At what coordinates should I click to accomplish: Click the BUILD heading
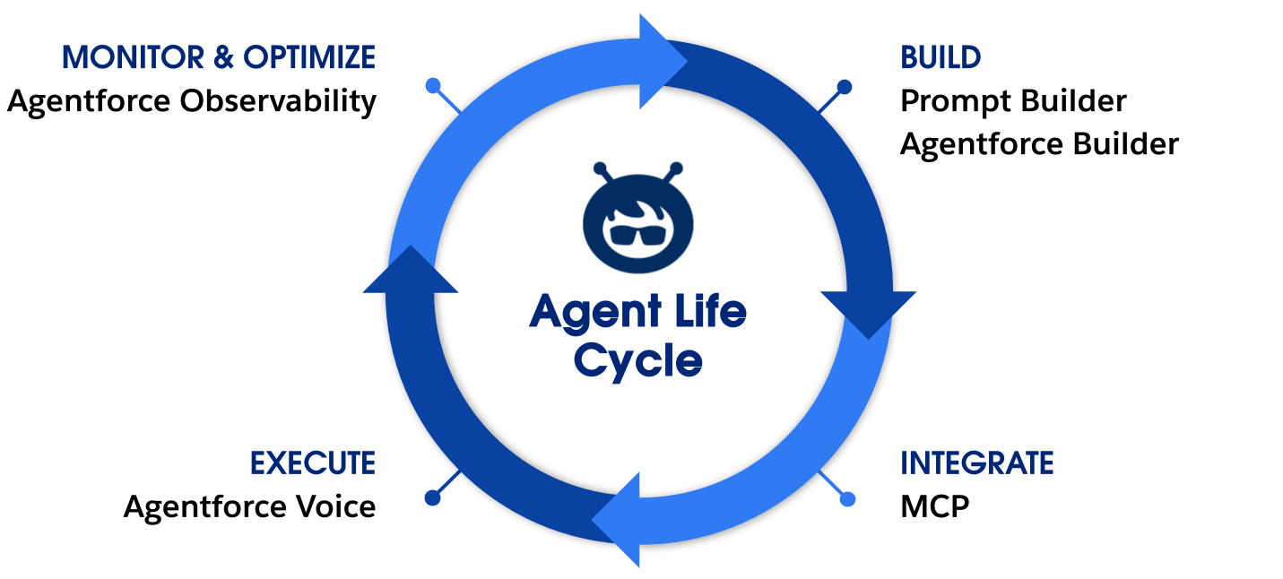pos(940,58)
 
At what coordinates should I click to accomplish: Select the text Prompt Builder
pos(1012,101)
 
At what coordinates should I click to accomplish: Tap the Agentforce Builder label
pos(1038,143)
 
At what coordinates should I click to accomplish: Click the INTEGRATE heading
pos(976,463)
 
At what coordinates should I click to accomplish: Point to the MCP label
pos(934,506)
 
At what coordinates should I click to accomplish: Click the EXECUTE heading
pos(312,463)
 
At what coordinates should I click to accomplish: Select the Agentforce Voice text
pos(249,506)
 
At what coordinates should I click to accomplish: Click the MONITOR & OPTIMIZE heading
pos(218,58)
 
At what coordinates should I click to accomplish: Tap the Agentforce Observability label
pos(191,101)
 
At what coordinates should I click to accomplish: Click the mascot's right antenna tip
pos(676,167)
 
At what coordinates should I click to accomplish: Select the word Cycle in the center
pos(637,360)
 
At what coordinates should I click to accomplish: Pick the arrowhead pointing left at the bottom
pos(619,520)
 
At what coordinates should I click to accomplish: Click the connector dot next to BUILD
pos(844,87)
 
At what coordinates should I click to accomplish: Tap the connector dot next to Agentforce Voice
pos(433,497)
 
